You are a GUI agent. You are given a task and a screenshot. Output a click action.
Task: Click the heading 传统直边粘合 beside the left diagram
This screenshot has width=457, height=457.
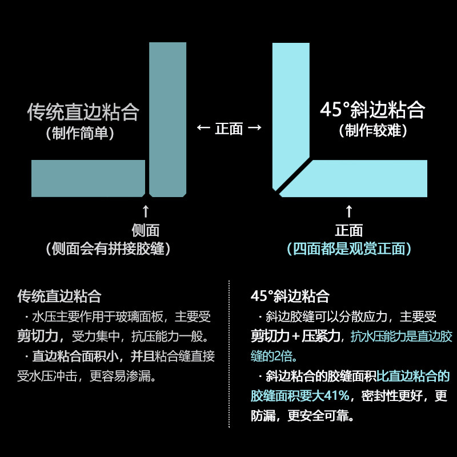click(83, 112)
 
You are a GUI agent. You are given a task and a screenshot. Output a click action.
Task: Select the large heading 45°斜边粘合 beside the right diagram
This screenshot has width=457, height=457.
click(372, 110)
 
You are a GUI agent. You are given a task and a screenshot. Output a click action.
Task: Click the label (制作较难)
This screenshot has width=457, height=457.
click(372, 131)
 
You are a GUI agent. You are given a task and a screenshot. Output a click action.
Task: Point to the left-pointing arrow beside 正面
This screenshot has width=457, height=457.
click(203, 129)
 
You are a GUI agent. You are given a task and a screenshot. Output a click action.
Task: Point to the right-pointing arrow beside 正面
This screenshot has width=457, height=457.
click(255, 129)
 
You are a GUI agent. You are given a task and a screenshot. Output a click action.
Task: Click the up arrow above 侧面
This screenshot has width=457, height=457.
click(146, 211)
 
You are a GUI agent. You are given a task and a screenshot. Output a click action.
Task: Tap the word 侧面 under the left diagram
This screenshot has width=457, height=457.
click(146, 230)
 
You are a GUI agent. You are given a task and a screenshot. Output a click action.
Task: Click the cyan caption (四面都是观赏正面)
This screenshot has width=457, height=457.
click(349, 249)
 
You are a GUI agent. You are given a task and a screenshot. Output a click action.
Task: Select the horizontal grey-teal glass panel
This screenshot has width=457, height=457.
click(87, 178)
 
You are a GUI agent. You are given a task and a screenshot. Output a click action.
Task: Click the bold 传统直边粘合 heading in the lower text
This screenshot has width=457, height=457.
click(59, 296)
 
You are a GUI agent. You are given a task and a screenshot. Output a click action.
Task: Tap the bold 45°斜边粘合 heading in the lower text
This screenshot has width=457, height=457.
click(290, 296)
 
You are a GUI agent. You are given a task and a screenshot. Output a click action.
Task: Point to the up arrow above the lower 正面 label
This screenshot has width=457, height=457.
click(349, 211)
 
